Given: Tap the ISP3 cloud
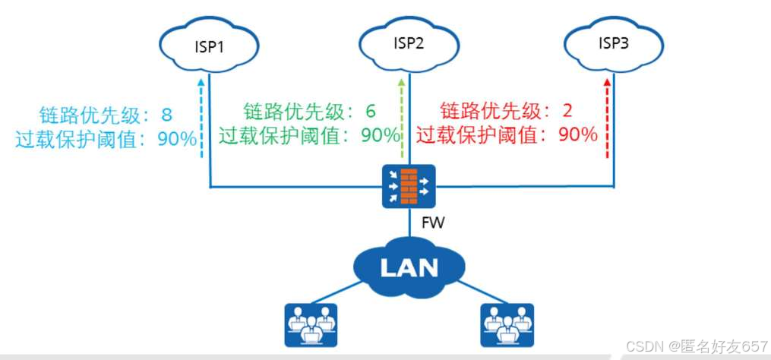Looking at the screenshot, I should [612, 43].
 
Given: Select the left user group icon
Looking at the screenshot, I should [310, 324].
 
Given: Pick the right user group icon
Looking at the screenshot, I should [507, 324].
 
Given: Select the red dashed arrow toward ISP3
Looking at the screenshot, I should [605, 118].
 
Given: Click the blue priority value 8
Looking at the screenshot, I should [166, 115].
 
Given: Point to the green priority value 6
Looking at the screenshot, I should [371, 111].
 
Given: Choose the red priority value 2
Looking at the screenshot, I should [567, 111].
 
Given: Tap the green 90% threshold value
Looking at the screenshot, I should [381, 135].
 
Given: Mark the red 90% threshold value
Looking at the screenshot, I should [578, 135].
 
